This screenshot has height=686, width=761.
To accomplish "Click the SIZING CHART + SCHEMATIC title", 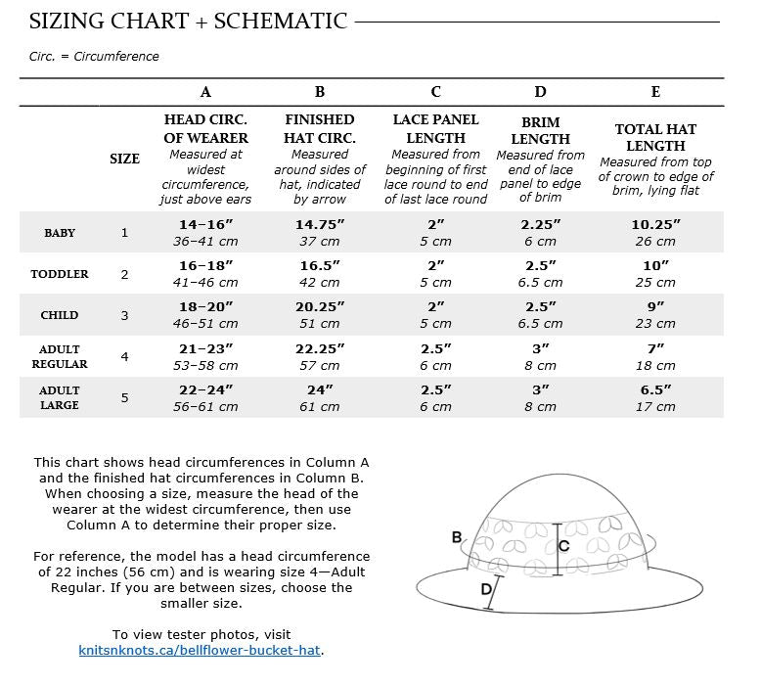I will [188, 21].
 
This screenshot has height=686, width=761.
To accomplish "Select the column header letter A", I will [205, 92].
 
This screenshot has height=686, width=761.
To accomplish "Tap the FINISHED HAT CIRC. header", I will [320, 128].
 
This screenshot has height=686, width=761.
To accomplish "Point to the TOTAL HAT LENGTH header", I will [655, 137].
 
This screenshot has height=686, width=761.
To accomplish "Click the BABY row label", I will [60, 233].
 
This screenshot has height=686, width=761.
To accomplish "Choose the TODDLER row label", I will [60, 274].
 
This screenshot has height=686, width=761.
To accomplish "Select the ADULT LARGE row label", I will [60, 397].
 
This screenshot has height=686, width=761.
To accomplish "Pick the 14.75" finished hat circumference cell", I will [320, 224].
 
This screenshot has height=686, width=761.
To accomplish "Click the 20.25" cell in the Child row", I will [320, 306].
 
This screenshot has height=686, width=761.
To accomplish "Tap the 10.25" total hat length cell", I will [655, 224].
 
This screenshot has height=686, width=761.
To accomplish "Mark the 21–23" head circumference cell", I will [205, 348].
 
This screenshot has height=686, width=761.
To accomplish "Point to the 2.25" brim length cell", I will [540, 224].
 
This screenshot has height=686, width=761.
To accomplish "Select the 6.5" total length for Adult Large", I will [655, 389].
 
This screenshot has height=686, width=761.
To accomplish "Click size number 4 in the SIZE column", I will [124, 356].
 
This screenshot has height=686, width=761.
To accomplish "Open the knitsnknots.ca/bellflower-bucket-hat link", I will [201, 650].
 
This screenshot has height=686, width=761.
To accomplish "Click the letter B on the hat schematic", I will [457, 537].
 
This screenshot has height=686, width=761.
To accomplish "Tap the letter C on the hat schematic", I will [563, 546].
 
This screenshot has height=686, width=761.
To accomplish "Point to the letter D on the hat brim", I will [486, 589].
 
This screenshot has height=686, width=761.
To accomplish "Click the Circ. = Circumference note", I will [94, 56].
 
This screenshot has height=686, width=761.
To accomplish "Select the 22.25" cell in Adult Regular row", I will [320, 348].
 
